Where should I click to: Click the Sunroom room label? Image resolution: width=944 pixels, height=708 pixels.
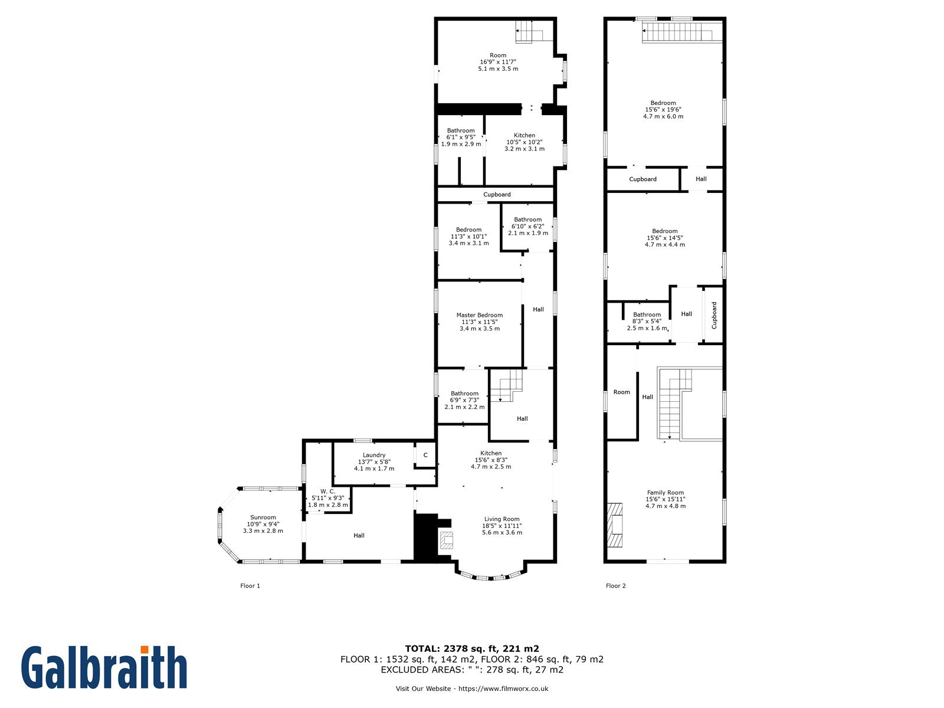pyautogui.click(x=263, y=523)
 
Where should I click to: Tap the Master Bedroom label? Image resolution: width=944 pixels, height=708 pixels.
pyautogui.click(x=479, y=322)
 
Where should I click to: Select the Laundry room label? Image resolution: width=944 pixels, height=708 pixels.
pyautogui.click(x=373, y=462)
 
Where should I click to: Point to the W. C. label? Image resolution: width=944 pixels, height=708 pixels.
pyautogui.click(x=327, y=498)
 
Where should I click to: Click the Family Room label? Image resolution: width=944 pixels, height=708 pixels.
pyautogui.click(x=665, y=499)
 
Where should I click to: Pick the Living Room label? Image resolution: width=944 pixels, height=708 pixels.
pyautogui.click(x=502, y=525)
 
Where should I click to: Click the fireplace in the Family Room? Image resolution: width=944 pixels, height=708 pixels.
pyautogui.click(x=615, y=525)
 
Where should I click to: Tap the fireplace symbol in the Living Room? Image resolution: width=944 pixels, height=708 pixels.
pyautogui.click(x=447, y=540)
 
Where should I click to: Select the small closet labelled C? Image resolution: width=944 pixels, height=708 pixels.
pyautogui.click(x=425, y=455)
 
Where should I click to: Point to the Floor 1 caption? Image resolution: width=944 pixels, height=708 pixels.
pyautogui.click(x=250, y=585)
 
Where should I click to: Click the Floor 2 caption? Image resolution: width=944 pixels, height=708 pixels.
pyautogui.click(x=615, y=585)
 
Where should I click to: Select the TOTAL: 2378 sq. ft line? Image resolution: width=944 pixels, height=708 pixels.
pyautogui.click(x=472, y=648)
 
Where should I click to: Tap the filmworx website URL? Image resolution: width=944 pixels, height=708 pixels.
pyautogui.click(x=503, y=688)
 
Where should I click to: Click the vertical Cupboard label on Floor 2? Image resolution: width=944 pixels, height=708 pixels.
pyautogui.click(x=714, y=315)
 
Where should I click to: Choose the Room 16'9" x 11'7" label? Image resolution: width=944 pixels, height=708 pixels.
pyautogui.click(x=498, y=62)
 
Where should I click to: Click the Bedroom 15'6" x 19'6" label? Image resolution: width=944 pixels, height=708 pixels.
pyautogui.click(x=663, y=110)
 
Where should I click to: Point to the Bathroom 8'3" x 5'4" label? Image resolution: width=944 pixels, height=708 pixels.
pyautogui.click(x=647, y=321)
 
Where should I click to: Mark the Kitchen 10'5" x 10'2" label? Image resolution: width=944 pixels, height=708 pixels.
pyautogui.click(x=525, y=142)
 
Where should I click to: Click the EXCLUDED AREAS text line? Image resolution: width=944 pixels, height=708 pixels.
pyautogui.click(x=472, y=669)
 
